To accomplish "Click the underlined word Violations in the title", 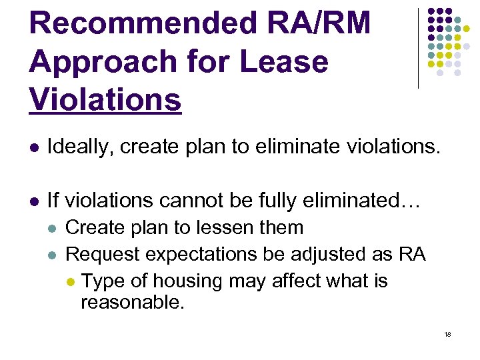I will (105, 100).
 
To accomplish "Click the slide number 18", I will (447, 334).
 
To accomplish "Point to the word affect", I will (291, 281).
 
